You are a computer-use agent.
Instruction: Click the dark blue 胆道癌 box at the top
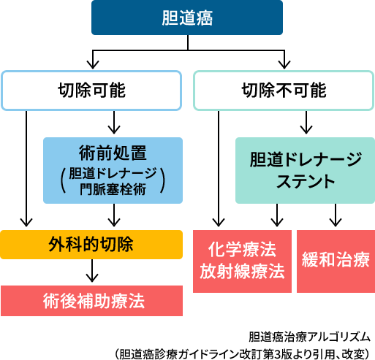[x=187, y=18]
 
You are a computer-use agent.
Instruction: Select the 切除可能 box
[x=91, y=91]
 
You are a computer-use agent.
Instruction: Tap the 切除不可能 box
[x=284, y=91]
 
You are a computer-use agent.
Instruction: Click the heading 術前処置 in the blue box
[x=113, y=153]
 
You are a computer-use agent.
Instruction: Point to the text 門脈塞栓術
[x=113, y=189]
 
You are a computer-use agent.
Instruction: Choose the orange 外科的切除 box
[x=91, y=245]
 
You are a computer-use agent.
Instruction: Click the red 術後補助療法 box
[x=91, y=301]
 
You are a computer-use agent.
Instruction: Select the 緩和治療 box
[x=336, y=261]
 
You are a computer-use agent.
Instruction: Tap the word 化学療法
[x=242, y=250]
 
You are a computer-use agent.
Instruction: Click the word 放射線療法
[x=242, y=271]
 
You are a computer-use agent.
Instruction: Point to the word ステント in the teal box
[x=306, y=181]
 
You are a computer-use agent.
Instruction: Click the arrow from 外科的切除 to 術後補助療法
[x=92, y=270]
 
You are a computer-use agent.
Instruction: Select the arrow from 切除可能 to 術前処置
[x=114, y=123]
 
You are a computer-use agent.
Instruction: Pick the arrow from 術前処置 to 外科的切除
[x=114, y=215]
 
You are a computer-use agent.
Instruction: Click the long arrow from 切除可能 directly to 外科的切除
[x=26, y=169]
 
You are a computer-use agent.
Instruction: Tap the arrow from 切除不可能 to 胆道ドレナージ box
[x=306, y=123]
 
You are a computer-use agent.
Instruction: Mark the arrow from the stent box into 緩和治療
[x=336, y=215]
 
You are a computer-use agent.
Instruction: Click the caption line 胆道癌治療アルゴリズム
[x=309, y=337]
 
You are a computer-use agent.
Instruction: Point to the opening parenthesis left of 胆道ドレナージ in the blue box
[x=64, y=180]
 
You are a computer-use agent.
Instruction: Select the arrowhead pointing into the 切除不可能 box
[x=284, y=64]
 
